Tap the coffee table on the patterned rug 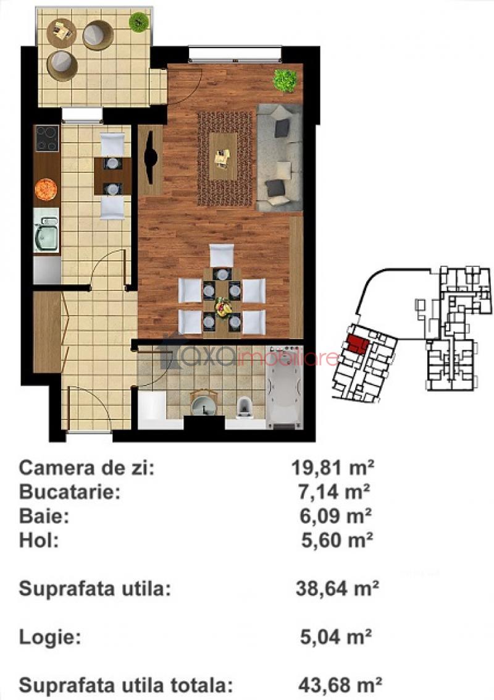(x=223, y=157)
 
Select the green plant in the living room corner (x=285, y=81)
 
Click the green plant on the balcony (x=139, y=20)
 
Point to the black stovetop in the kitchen (x=48, y=138)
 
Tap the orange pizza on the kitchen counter (x=46, y=189)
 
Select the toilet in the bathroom (x=244, y=407)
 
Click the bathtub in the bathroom (x=284, y=387)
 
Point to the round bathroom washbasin (x=204, y=403)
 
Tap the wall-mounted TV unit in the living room (x=151, y=159)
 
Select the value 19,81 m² (x=333, y=468)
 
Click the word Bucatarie (x=70, y=492)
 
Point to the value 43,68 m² (x=340, y=684)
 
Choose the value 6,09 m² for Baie (x=335, y=516)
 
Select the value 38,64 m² (x=337, y=588)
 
